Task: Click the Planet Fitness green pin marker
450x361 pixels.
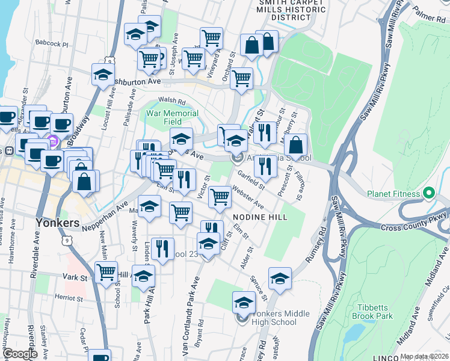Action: (428, 194)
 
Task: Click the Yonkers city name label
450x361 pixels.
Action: (58, 223)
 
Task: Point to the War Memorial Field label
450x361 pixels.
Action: (172, 117)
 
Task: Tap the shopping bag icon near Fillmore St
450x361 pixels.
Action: (295, 144)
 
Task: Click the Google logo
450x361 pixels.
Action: (20, 354)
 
